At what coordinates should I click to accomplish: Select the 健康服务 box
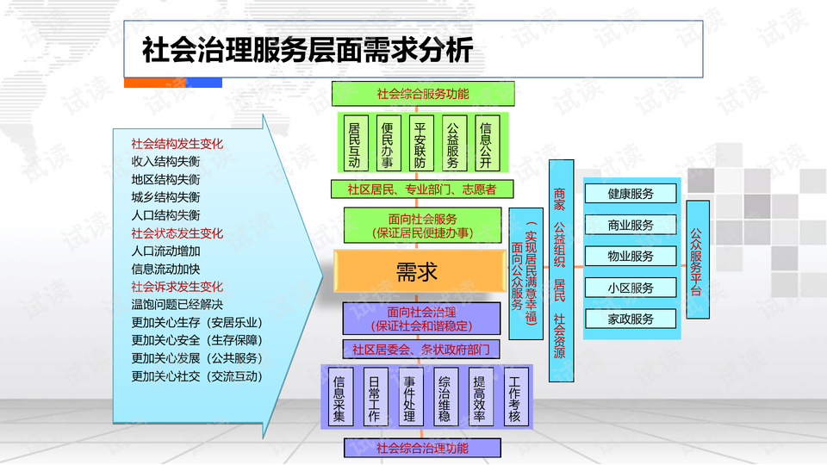[631, 194]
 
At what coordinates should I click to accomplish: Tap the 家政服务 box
[631, 319]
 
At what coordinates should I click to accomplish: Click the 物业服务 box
[631, 256]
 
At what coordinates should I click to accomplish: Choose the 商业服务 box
[631, 225]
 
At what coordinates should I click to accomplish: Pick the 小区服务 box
[631, 288]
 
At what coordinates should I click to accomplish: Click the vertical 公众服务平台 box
[697, 259]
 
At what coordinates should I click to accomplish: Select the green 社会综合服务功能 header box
[423, 93]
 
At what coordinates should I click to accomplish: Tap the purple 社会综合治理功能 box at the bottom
[422, 448]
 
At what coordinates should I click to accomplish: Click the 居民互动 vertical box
[354, 143]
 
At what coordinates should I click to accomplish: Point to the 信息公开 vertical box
[486, 143]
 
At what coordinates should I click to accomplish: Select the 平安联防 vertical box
[420, 143]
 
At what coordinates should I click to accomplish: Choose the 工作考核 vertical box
[514, 398]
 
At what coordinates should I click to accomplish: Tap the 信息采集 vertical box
[339, 398]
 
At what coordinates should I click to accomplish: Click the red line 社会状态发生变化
[177, 233]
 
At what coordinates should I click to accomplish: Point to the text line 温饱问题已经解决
[177, 305]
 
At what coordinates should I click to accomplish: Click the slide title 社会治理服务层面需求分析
[308, 50]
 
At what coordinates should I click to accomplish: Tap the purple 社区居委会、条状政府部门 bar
[421, 349]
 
